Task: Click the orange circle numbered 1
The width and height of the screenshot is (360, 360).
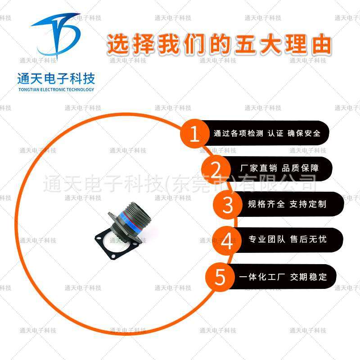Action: coord(195,134)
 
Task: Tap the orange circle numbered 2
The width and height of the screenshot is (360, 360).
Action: coord(216,169)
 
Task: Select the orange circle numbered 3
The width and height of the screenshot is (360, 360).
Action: coord(229,204)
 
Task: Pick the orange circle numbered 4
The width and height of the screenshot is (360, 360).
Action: coord(228,240)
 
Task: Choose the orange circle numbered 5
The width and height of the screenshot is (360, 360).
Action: coord(220,276)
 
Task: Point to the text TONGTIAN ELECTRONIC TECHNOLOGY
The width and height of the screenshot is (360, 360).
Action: coord(56,90)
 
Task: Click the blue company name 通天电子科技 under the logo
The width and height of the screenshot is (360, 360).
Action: coord(56,80)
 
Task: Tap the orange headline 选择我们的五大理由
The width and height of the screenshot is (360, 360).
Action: coord(219,45)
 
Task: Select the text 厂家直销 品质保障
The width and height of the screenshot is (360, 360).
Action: coord(280,168)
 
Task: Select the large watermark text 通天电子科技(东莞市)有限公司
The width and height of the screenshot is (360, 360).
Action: coord(180,184)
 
